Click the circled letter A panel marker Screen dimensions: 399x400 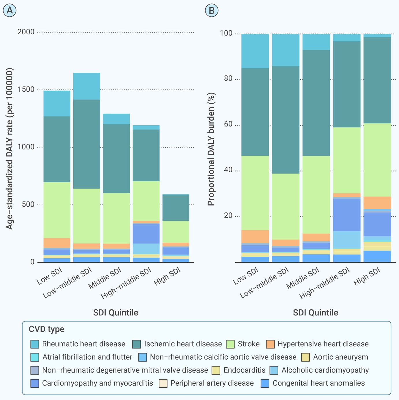tap(10, 10)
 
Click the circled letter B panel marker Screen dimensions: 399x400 tap(212, 10)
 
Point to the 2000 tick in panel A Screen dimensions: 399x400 tap(26, 32)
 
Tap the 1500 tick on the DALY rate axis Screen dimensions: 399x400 tap(26, 89)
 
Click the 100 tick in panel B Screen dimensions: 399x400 tap(226, 33)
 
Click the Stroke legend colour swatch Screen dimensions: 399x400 tap(230, 344)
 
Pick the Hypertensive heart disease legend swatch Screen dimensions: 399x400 tap(270, 344)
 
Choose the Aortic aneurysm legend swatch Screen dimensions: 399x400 tap(305, 357)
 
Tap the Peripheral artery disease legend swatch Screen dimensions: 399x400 tap(163, 383)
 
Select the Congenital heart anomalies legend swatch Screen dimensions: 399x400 tap(265, 383)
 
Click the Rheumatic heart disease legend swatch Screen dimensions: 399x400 tap(34, 344)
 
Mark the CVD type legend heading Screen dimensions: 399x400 tap(46, 329)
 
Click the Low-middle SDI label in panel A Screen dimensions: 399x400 tap(67, 283)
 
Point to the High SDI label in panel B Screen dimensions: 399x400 tap(367, 276)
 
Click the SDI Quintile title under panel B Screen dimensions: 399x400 tap(316, 312)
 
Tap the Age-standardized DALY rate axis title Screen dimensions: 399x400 tap(9, 149)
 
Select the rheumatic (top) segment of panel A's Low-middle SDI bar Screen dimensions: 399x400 tap(87, 86)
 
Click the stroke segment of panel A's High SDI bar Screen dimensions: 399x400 tap(176, 232)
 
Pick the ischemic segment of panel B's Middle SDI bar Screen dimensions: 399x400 tap(316, 103)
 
